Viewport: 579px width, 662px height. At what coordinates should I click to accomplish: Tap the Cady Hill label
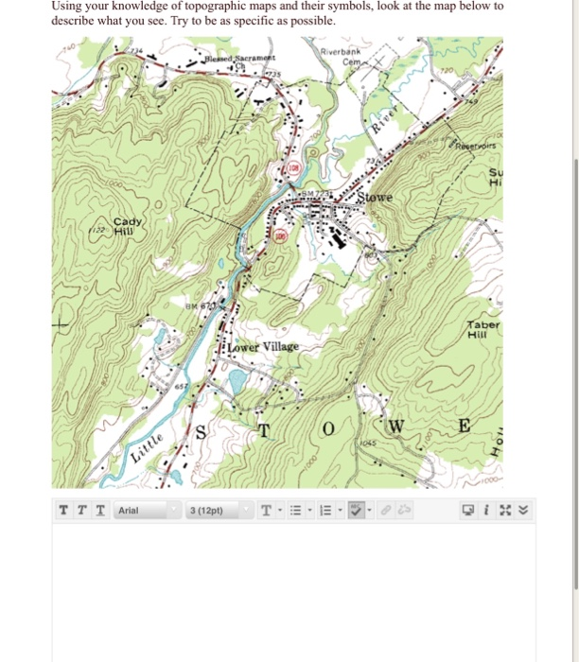(125, 224)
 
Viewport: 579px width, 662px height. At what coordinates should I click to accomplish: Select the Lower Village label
(263, 346)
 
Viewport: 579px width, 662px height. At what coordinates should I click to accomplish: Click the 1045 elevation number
(369, 442)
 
